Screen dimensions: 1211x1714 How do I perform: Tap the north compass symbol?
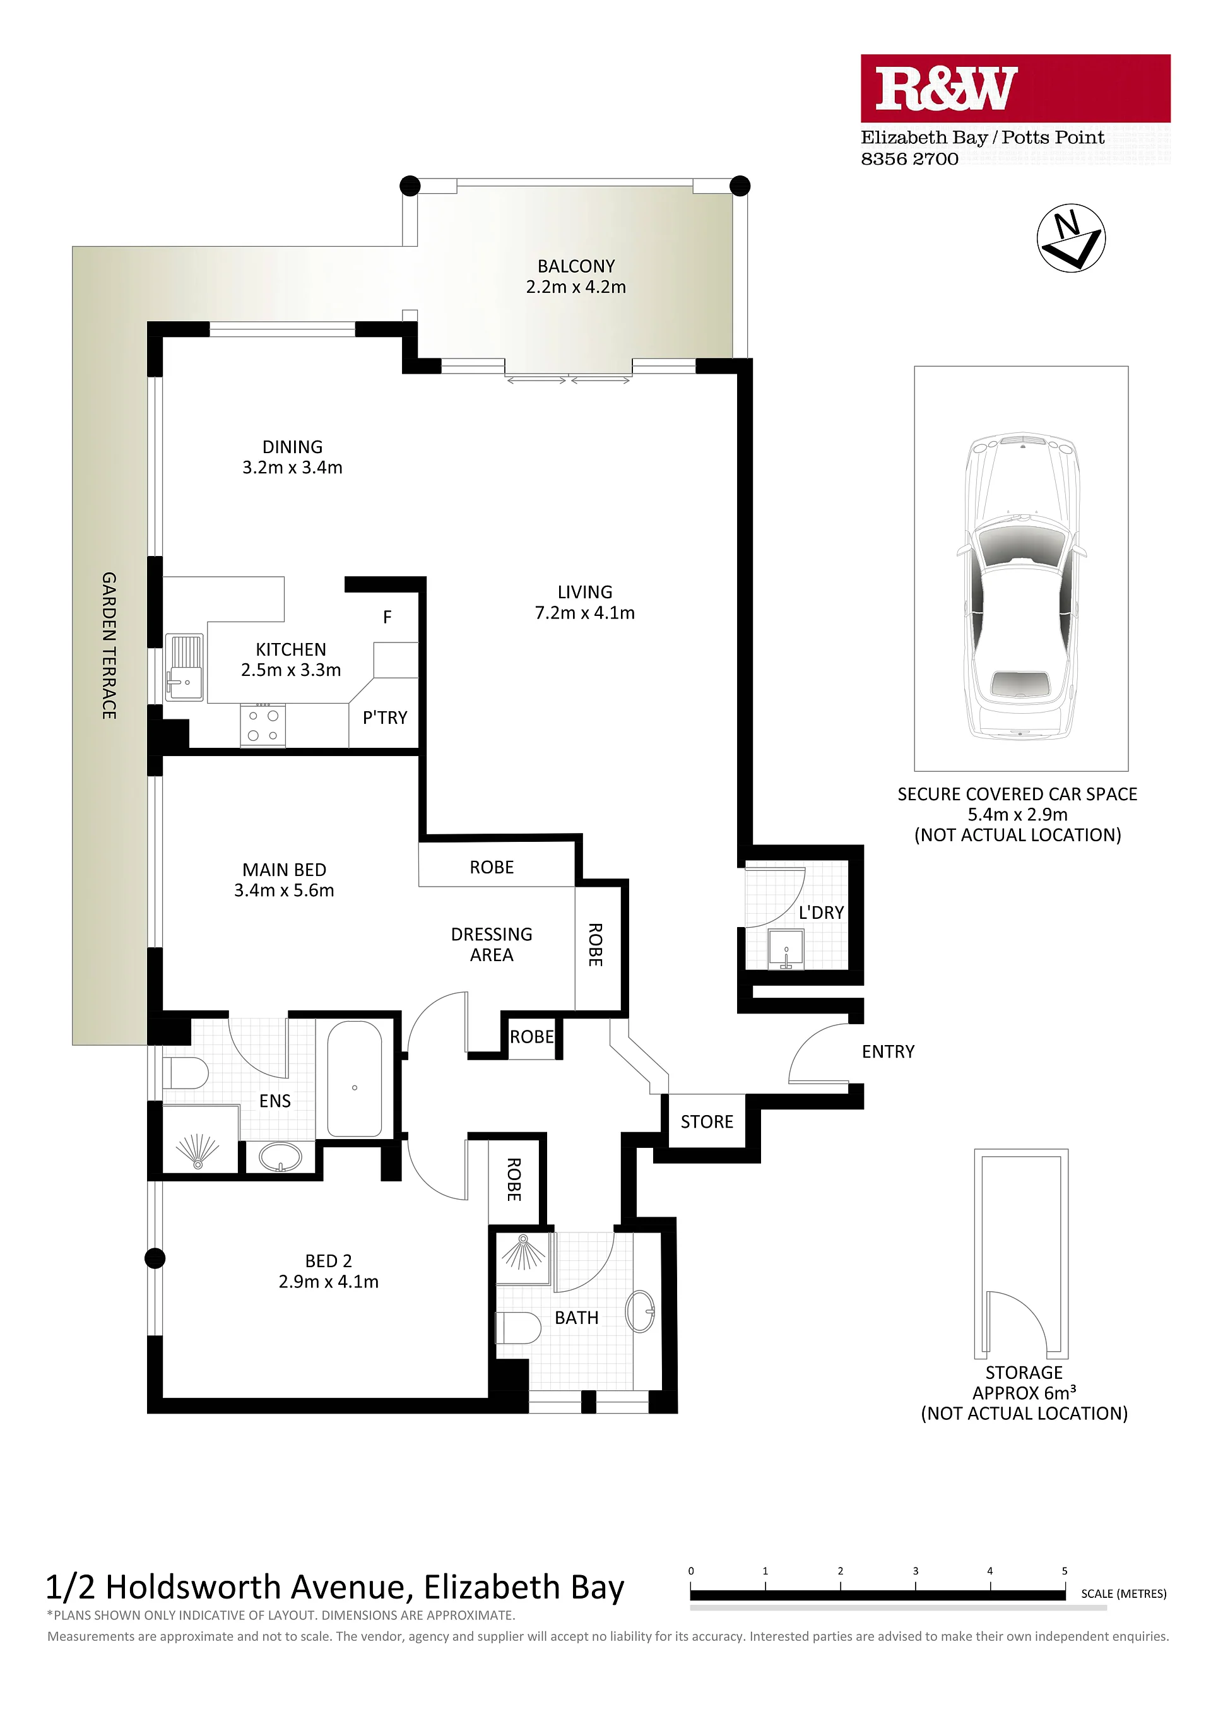pos(1071,237)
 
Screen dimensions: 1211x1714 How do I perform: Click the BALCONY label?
pos(576,266)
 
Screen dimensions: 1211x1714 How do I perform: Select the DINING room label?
pos(293,447)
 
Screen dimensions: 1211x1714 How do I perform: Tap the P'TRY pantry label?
pos(384,718)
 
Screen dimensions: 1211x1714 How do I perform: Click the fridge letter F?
pos(387,617)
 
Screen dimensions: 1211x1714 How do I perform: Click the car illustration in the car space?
pos(1021,586)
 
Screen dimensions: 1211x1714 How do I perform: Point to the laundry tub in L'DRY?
pos(786,949)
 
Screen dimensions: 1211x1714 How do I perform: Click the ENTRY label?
pos(888,1052)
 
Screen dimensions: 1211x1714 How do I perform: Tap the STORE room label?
pos(706,1122)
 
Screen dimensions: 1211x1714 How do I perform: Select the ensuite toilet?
pos(185,1073)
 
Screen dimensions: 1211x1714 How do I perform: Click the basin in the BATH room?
pos(640,1311)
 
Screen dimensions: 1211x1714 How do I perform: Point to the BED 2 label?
pos(329,1261)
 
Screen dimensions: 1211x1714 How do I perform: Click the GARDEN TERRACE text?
pos(109,646)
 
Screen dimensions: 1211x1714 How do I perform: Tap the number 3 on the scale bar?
pos(915,1571)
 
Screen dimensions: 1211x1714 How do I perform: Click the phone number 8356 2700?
pos(909,159)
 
